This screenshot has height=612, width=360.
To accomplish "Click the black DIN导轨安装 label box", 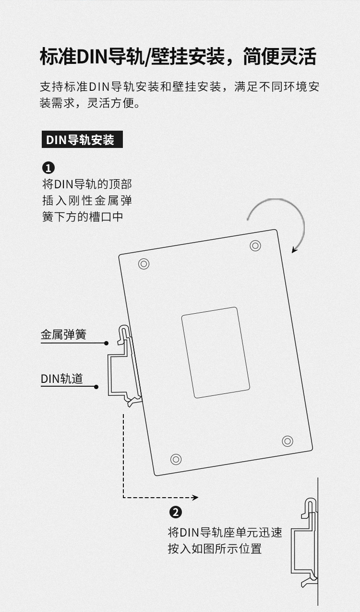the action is coord(82,139).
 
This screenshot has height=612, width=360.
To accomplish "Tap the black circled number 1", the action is coord(48,168).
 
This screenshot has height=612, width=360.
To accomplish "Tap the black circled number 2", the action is coord(176,512).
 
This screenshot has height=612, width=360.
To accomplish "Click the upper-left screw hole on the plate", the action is coord(144,264).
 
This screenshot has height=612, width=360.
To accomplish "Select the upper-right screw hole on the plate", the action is coord(255,245).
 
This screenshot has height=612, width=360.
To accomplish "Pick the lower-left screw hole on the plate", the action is coord(176,459).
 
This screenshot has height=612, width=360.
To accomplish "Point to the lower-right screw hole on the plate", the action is coord(288,441).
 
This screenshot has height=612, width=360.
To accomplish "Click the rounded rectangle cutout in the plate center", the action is coord(216,353).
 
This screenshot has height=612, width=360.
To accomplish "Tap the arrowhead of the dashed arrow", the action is coord(195,498).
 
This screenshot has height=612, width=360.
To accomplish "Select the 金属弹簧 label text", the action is coord(63,334).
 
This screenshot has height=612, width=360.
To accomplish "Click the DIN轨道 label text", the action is coord(62,379).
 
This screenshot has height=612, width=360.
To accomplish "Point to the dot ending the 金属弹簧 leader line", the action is coord(106,343).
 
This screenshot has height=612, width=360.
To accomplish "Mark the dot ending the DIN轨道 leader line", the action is coord(96,387).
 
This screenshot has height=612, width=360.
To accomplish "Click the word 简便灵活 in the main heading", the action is coord(279,57).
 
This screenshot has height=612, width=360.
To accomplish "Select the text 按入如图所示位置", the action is coord(215,548).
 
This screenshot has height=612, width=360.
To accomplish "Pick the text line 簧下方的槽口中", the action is coord(83,217).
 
